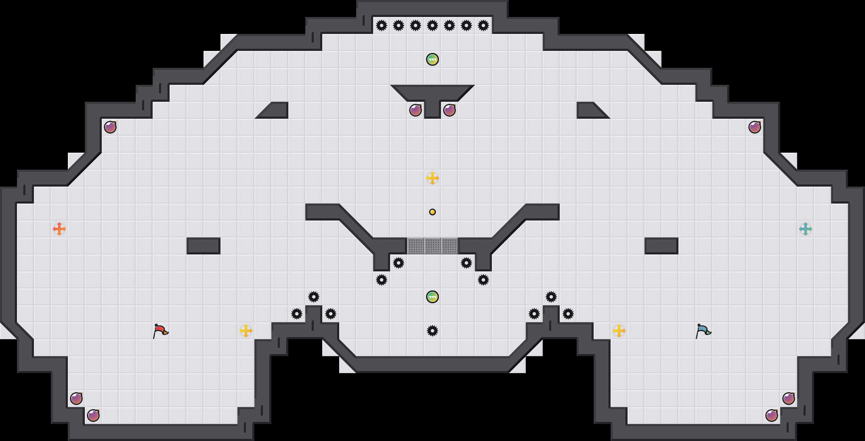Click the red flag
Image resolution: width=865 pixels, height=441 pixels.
pos(160,331)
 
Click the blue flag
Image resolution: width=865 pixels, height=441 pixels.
pos(703,331)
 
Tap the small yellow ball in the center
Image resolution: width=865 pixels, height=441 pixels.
pos(432,212)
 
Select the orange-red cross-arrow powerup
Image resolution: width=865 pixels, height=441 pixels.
pos(59,229)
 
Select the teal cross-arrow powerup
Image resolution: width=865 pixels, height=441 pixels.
pos(806,229)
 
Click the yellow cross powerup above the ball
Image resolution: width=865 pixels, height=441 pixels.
pos(432,178)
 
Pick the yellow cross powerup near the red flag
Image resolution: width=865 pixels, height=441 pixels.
pos(246,331)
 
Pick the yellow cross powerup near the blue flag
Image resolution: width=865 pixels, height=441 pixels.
pos(619,331)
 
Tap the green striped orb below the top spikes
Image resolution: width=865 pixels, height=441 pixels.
pos(432,59)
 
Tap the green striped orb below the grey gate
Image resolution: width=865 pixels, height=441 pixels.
pos(432,297)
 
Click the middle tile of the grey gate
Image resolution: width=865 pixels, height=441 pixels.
pos(432,246)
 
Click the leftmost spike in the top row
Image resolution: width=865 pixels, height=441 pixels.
pos(382,25)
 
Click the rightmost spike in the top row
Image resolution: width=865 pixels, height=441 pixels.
pos(483,25)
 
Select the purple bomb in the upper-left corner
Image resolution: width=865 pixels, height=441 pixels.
pos(110,127)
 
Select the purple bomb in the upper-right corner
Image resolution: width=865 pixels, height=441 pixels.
pos(755,127)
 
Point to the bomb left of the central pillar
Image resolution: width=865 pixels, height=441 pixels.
pos(416,110)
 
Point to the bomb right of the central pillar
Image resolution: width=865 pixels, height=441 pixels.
pos(449,110)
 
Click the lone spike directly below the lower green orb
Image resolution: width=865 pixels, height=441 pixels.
pos(432,331)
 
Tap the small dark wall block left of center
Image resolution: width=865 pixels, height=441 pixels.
pos(204,246)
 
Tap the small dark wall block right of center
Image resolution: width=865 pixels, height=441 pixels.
pos(661,246)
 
